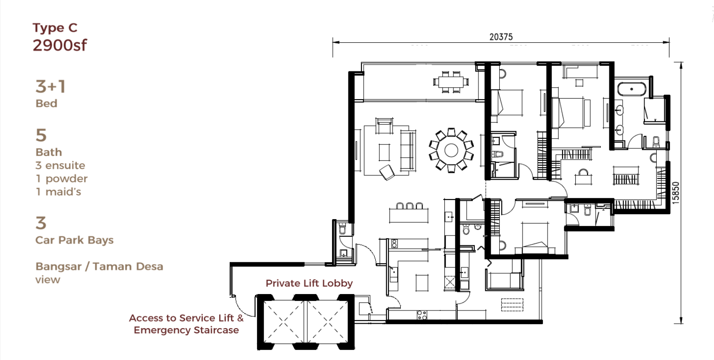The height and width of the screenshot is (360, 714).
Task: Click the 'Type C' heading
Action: click(x=55, y=28)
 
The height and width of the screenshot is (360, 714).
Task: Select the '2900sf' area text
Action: click(x=60, y=45)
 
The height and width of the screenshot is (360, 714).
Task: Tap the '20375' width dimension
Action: click(x=501, y=37)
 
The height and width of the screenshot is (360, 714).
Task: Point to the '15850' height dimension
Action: click(x=675, y=193)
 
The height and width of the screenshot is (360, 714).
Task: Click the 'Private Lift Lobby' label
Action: click(x=309, y=283)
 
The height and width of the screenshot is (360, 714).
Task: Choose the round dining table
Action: click(x=451, y=150)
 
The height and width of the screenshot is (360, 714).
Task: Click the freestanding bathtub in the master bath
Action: click(x=632, y=89)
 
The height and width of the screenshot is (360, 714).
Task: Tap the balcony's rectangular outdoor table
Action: click(x=451, y=82)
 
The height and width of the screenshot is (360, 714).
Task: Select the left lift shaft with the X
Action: click(x=283, y=322)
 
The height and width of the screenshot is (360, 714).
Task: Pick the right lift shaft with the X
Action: click(x=327, y=322)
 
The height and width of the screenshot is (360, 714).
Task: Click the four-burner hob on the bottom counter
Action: click(x=422, y=315)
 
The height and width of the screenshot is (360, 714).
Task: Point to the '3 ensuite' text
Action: click(x=60, y=165)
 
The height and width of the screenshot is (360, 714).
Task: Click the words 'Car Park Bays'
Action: click(x=74, y=240)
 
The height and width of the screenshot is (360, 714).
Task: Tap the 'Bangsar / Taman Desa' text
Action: click(x=99, y=266)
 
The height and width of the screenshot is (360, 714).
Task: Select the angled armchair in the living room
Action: click(x=387, y=172)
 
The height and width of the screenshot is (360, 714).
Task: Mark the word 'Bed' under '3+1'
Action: click(x=46, y=104)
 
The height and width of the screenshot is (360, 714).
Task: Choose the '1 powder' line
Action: click(x=61, y=179)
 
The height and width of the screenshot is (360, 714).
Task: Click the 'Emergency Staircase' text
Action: click(x=186, y=330)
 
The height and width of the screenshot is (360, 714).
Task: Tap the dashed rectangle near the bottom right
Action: click(x=512, y=305)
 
